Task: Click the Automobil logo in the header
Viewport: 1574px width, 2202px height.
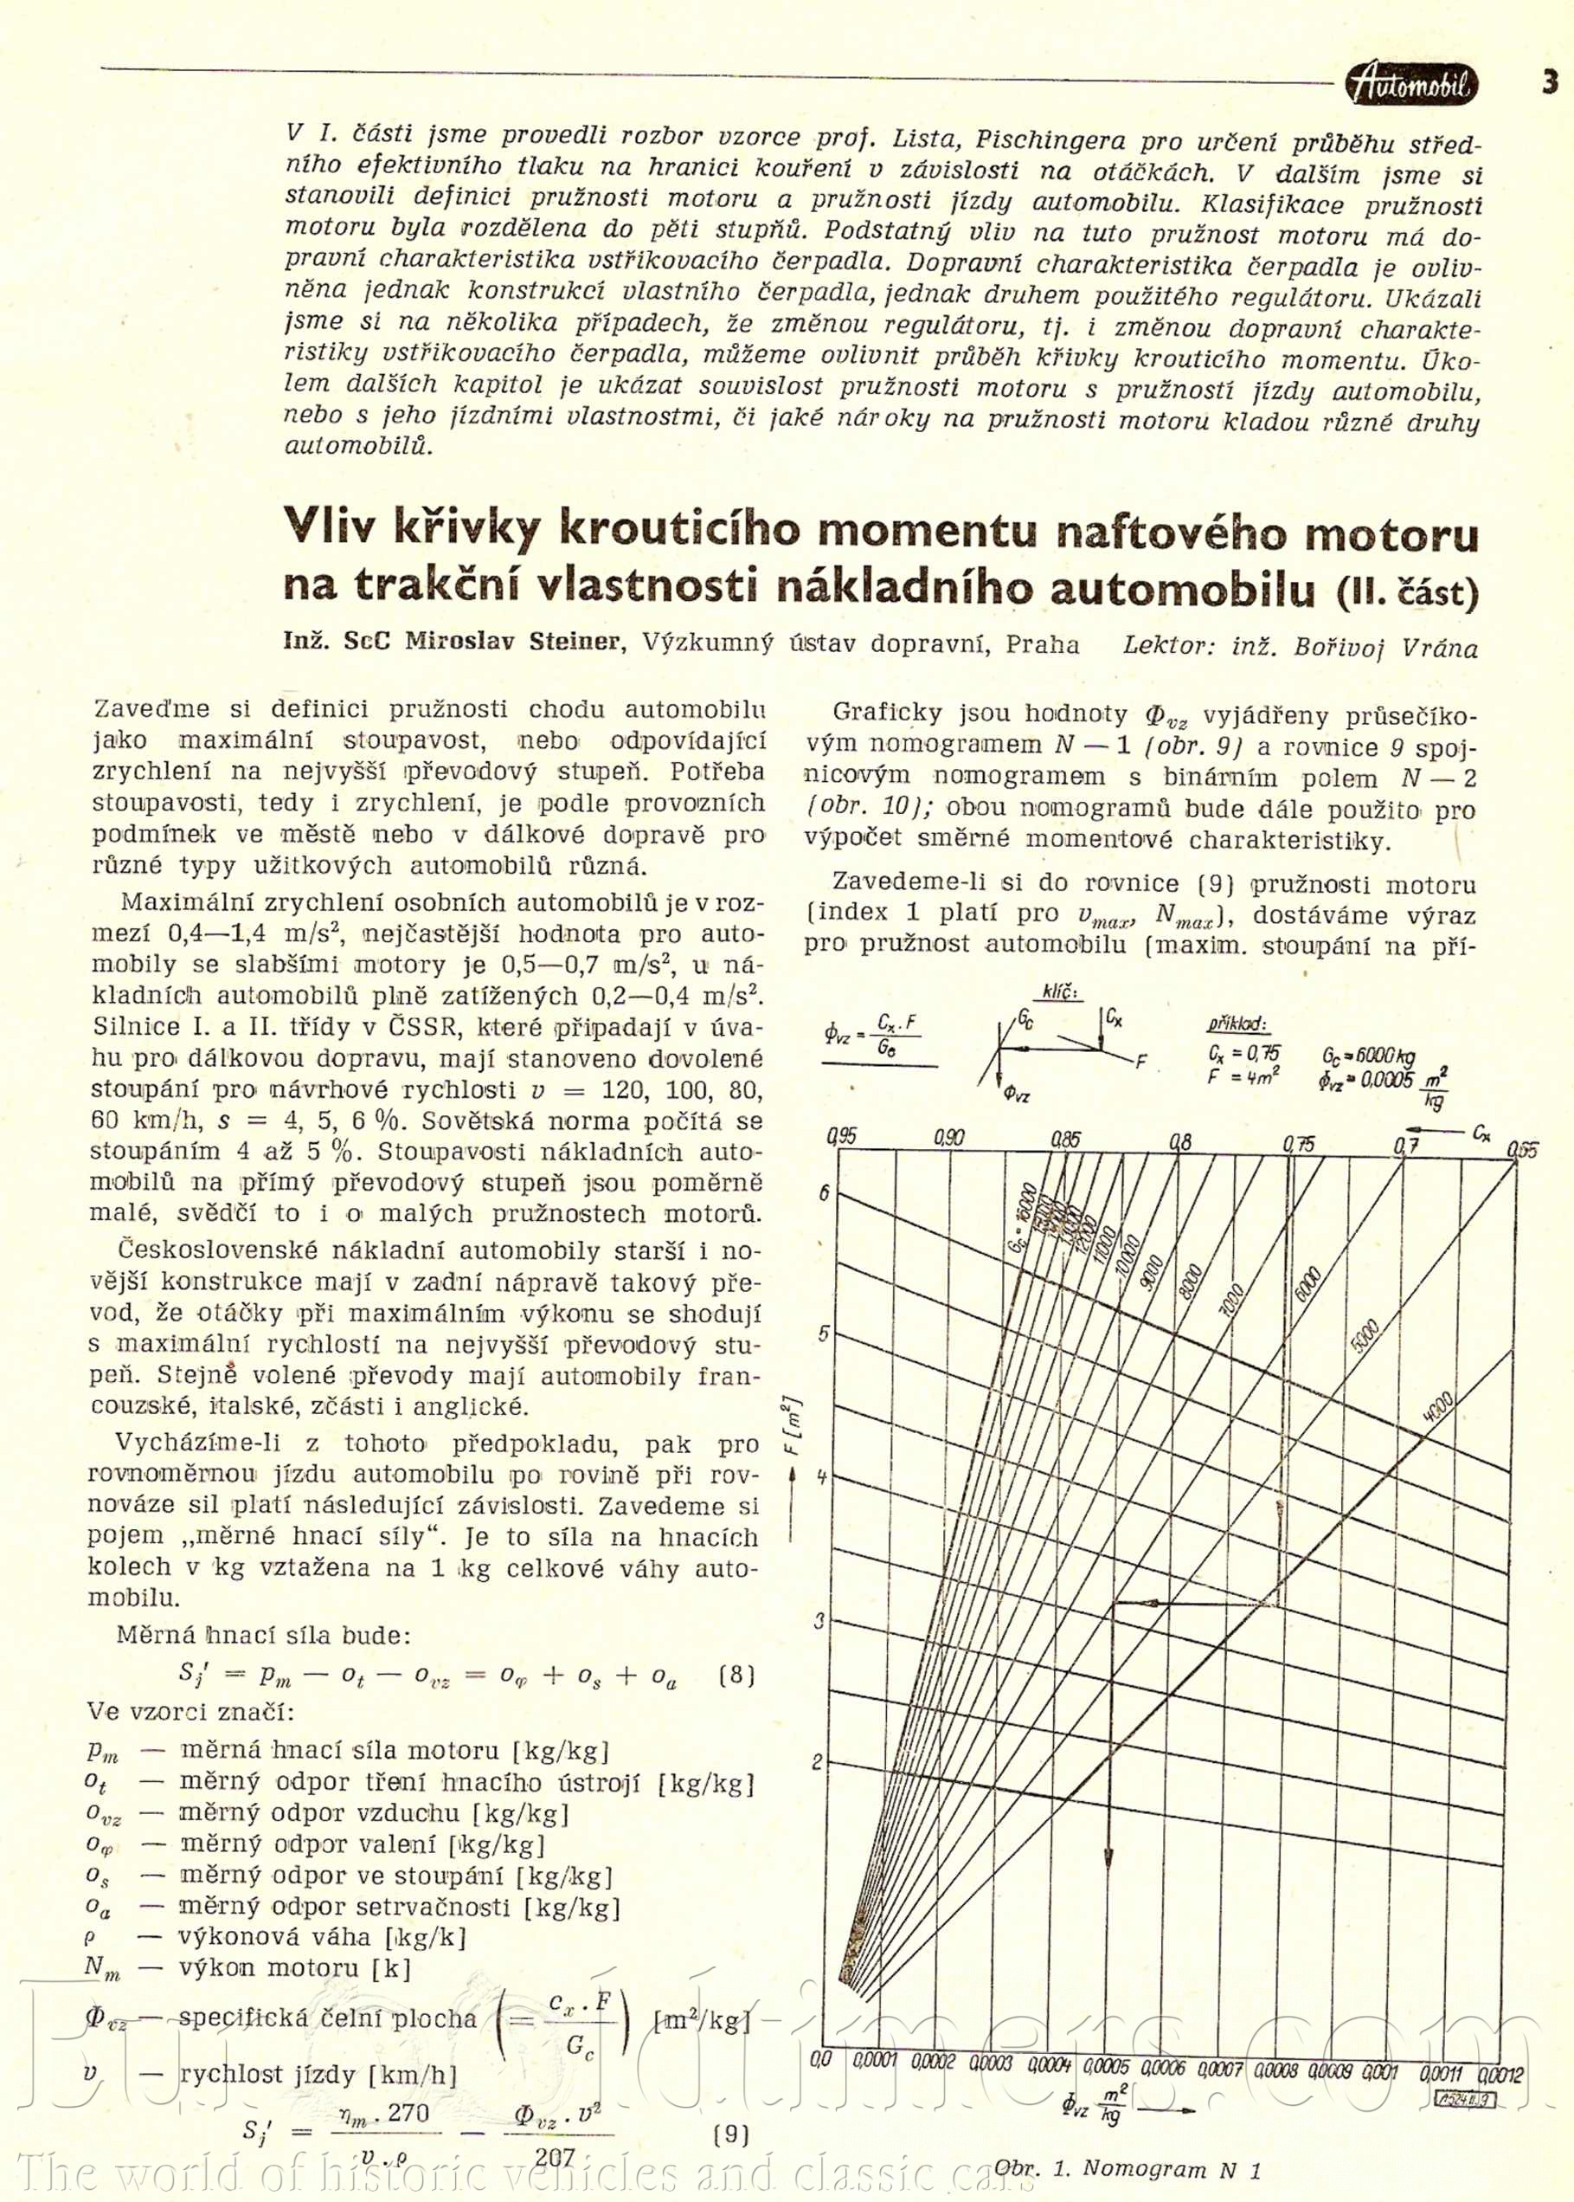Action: (x=1413, y=87)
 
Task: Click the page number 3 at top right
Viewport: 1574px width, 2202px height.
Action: (x=1550, y=82)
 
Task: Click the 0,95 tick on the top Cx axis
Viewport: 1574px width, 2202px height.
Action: (x=845, y=1135)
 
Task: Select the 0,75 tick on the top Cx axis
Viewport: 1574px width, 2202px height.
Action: (x=1299, y=1144)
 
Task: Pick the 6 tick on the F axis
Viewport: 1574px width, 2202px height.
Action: (x=825, y=1192)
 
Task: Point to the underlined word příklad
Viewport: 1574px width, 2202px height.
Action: (x=1237, y=1025)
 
